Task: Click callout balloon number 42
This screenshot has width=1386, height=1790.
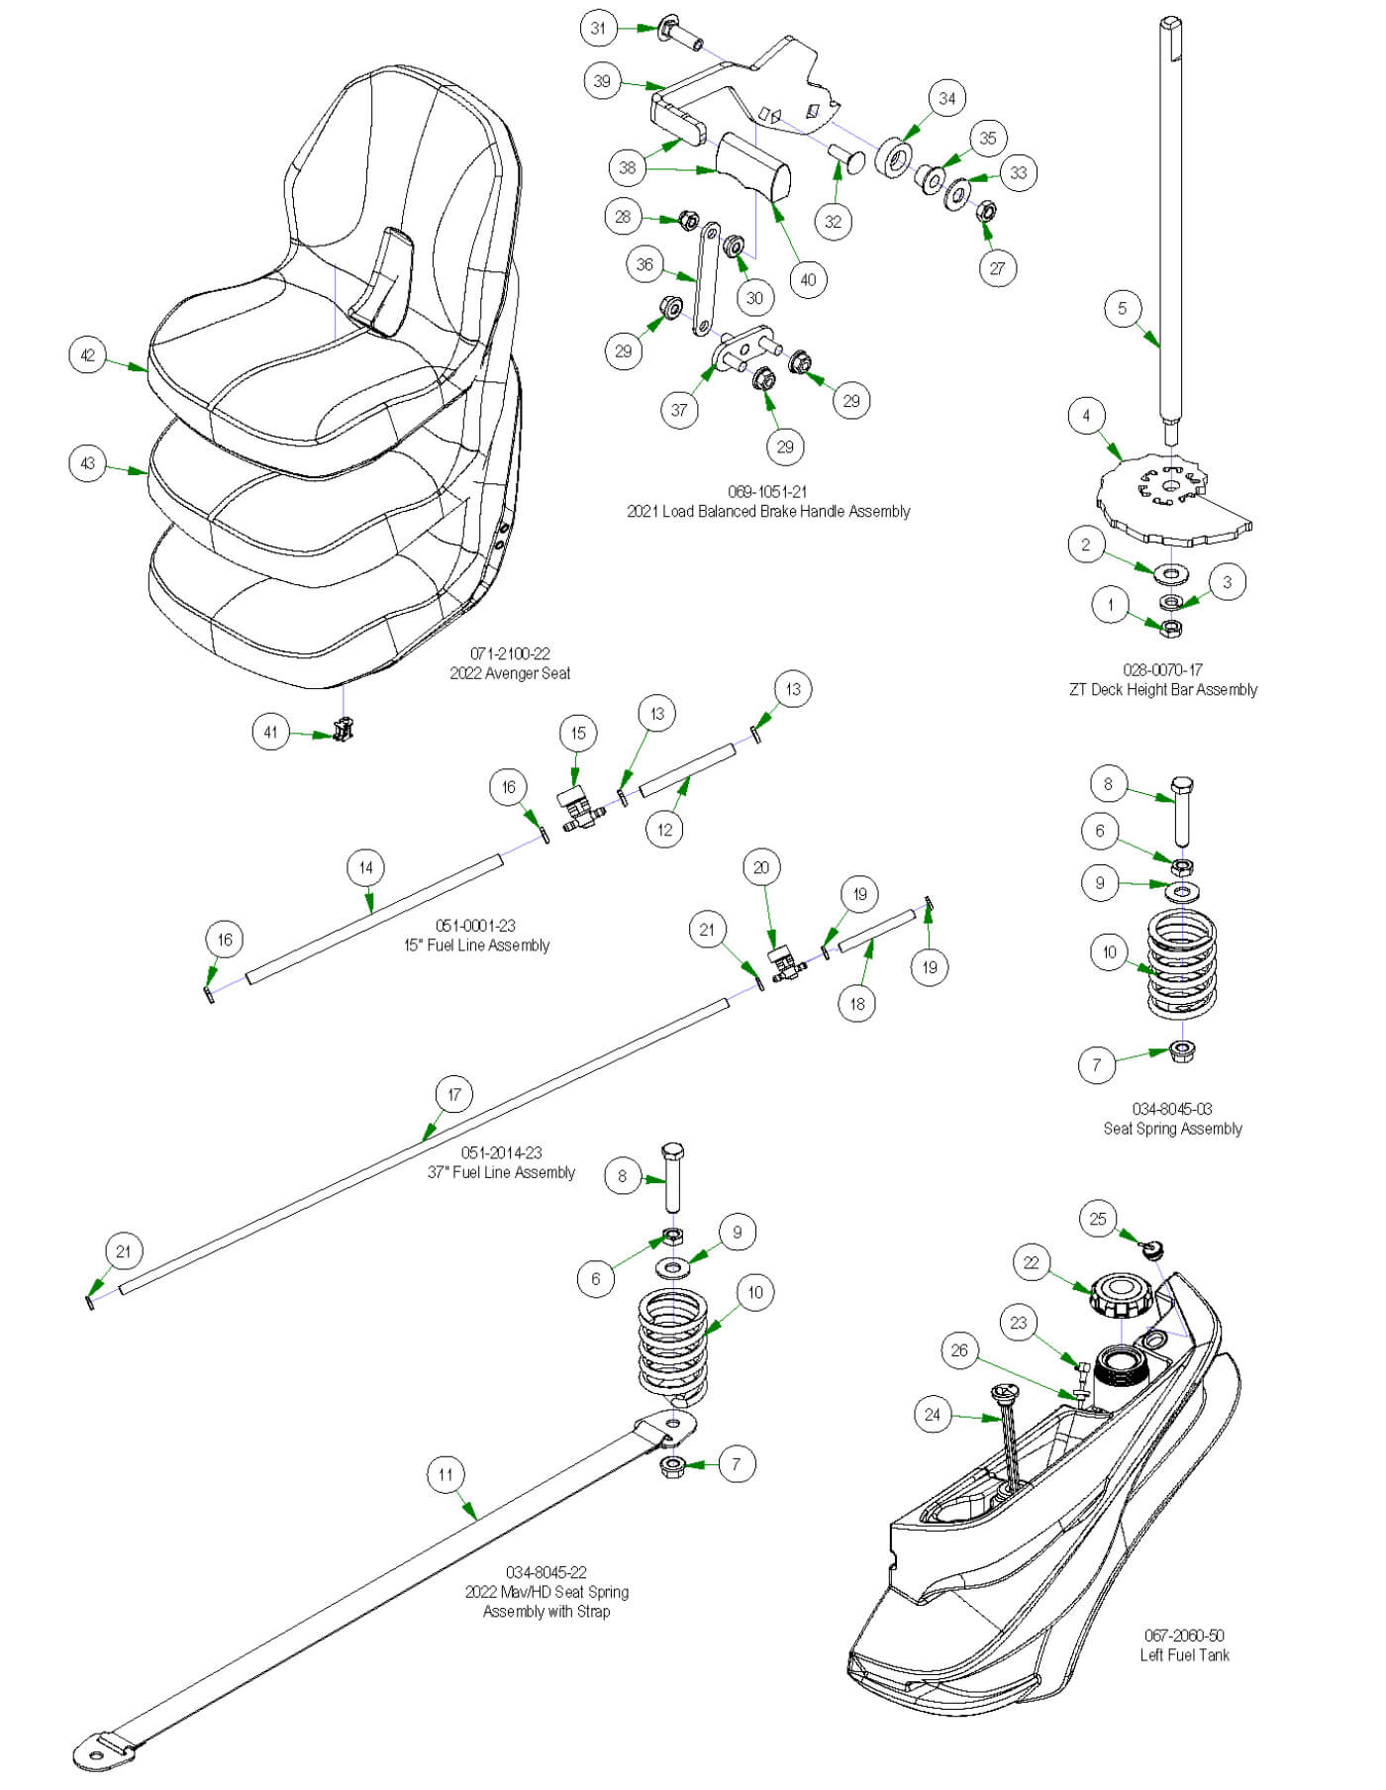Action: coord(88,354)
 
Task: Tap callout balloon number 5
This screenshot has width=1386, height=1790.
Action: coord(1122,308)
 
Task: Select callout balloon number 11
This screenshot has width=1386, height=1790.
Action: coord(445,1474)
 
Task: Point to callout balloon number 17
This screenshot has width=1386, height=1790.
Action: coord(453,1094)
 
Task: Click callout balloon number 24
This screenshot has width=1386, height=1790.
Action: coord(933,1414)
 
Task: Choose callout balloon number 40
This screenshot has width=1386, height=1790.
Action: coord(808,279)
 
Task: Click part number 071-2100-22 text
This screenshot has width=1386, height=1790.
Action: coord(510,653)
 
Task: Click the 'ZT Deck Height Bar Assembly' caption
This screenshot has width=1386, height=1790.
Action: coord(1162,689)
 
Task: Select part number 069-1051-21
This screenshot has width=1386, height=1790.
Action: coord(767,491)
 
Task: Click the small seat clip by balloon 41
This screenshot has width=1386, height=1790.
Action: coord(344,731)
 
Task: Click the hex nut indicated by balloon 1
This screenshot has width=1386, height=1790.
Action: coord(1170,627)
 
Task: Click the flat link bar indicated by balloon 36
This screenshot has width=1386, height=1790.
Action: coord(706,279)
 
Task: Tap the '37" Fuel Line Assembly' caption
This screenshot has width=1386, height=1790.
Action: coord(501,1172)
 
